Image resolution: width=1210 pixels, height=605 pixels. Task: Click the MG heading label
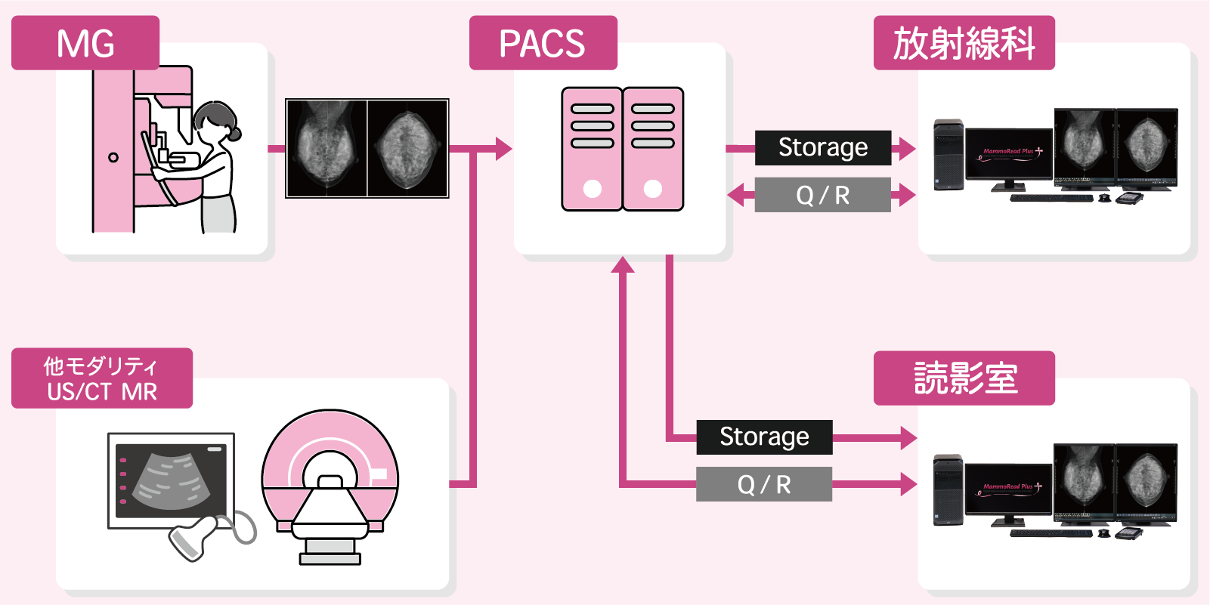[x=85, y=43]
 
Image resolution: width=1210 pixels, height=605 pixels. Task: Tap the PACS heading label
[x=543, y=43]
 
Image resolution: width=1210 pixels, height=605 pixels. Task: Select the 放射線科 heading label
[x=964, y=43]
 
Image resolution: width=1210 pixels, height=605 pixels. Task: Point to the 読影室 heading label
[x=964, y=378]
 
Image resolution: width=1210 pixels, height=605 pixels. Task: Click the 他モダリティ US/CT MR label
[x=102, y=378]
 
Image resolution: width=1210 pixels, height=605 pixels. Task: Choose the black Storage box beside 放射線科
[x=823, y=147]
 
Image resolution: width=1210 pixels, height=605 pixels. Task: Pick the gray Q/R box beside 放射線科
[x=823, y=195]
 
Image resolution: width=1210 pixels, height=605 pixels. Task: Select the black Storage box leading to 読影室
[x=764, y=437]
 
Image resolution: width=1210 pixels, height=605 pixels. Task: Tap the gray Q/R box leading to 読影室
[x=764, y=484]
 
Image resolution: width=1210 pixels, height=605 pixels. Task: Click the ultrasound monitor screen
[x=171, y=480]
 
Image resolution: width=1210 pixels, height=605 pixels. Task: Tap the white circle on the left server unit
[x=593, y=189]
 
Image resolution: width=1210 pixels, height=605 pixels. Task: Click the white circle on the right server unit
[x=653, y=189]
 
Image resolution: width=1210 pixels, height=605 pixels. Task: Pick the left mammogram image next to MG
[x=326, y=148]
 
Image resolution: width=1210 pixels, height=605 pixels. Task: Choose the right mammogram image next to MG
[x=408, y=148]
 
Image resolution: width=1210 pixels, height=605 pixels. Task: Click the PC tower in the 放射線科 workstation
[x=949, y=154]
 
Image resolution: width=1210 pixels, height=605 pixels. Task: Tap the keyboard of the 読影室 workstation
[x=1051, y=533]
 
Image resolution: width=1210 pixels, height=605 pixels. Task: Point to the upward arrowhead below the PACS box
[x=623, y=264]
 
